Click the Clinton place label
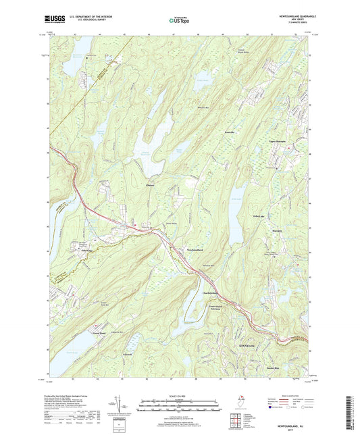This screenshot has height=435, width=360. point(151,185)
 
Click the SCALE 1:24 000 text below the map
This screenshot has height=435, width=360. point(180,396)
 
